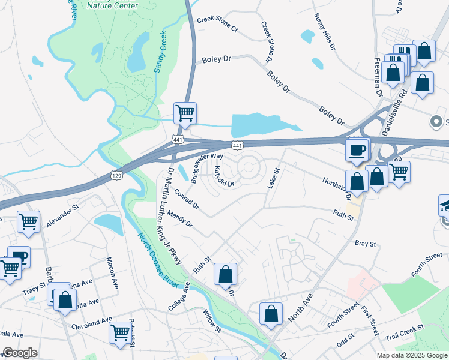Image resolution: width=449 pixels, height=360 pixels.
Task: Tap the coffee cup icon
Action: [x=358, y=149]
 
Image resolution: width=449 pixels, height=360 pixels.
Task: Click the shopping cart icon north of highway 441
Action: [x=185, y=112]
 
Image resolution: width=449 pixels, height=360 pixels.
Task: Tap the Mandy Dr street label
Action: [x=179, y=219]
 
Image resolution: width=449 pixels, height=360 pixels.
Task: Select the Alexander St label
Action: [x=63, y=215]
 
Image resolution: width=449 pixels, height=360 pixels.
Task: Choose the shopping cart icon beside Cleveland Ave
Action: [x=120, y=331]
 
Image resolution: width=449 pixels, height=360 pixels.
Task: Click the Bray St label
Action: [x=365, y=244]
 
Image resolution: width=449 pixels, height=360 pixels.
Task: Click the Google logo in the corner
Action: [x=20, y=353]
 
